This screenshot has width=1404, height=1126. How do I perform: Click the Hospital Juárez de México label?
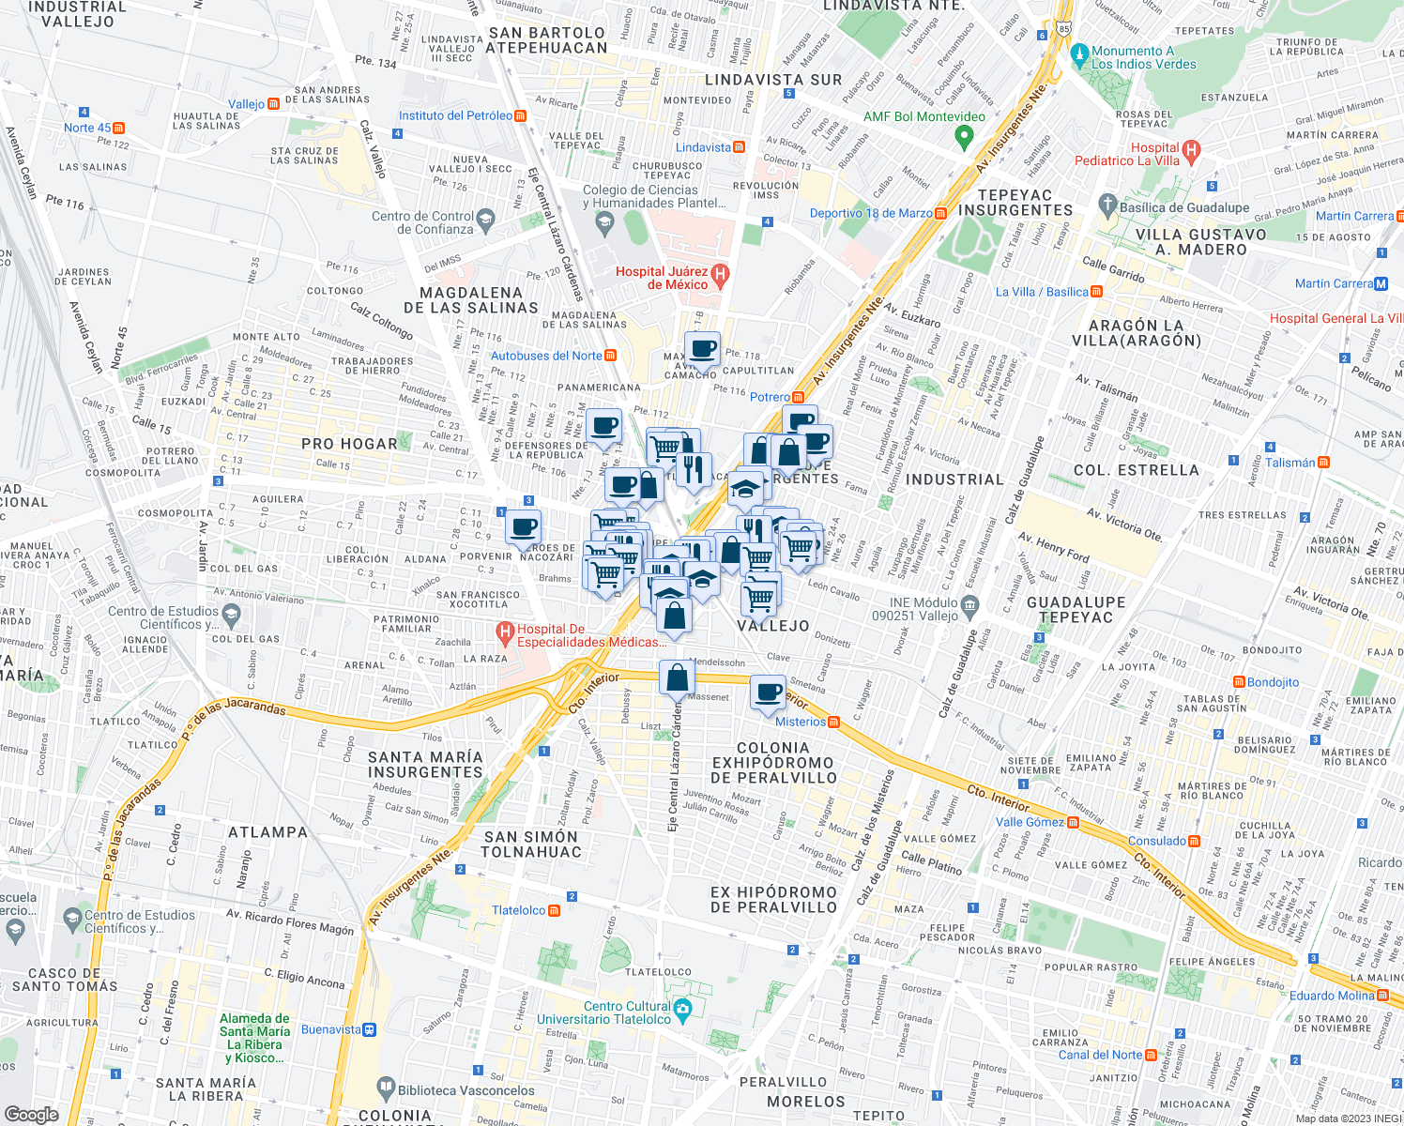pos(662,278)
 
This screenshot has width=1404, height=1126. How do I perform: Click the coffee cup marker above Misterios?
pos(769,692)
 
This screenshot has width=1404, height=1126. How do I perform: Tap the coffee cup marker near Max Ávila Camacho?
pos(702,349)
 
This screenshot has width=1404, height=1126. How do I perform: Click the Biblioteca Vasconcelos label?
pos(465,1090)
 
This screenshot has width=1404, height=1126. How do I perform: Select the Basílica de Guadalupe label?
pos(1184,207)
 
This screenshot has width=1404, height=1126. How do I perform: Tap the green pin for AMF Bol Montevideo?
pos(963,137)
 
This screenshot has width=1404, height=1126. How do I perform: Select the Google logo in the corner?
pos(31,1114)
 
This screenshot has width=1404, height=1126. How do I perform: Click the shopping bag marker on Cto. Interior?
pos(676,677)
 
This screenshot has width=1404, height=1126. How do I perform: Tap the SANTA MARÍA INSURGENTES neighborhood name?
pos(425,764)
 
